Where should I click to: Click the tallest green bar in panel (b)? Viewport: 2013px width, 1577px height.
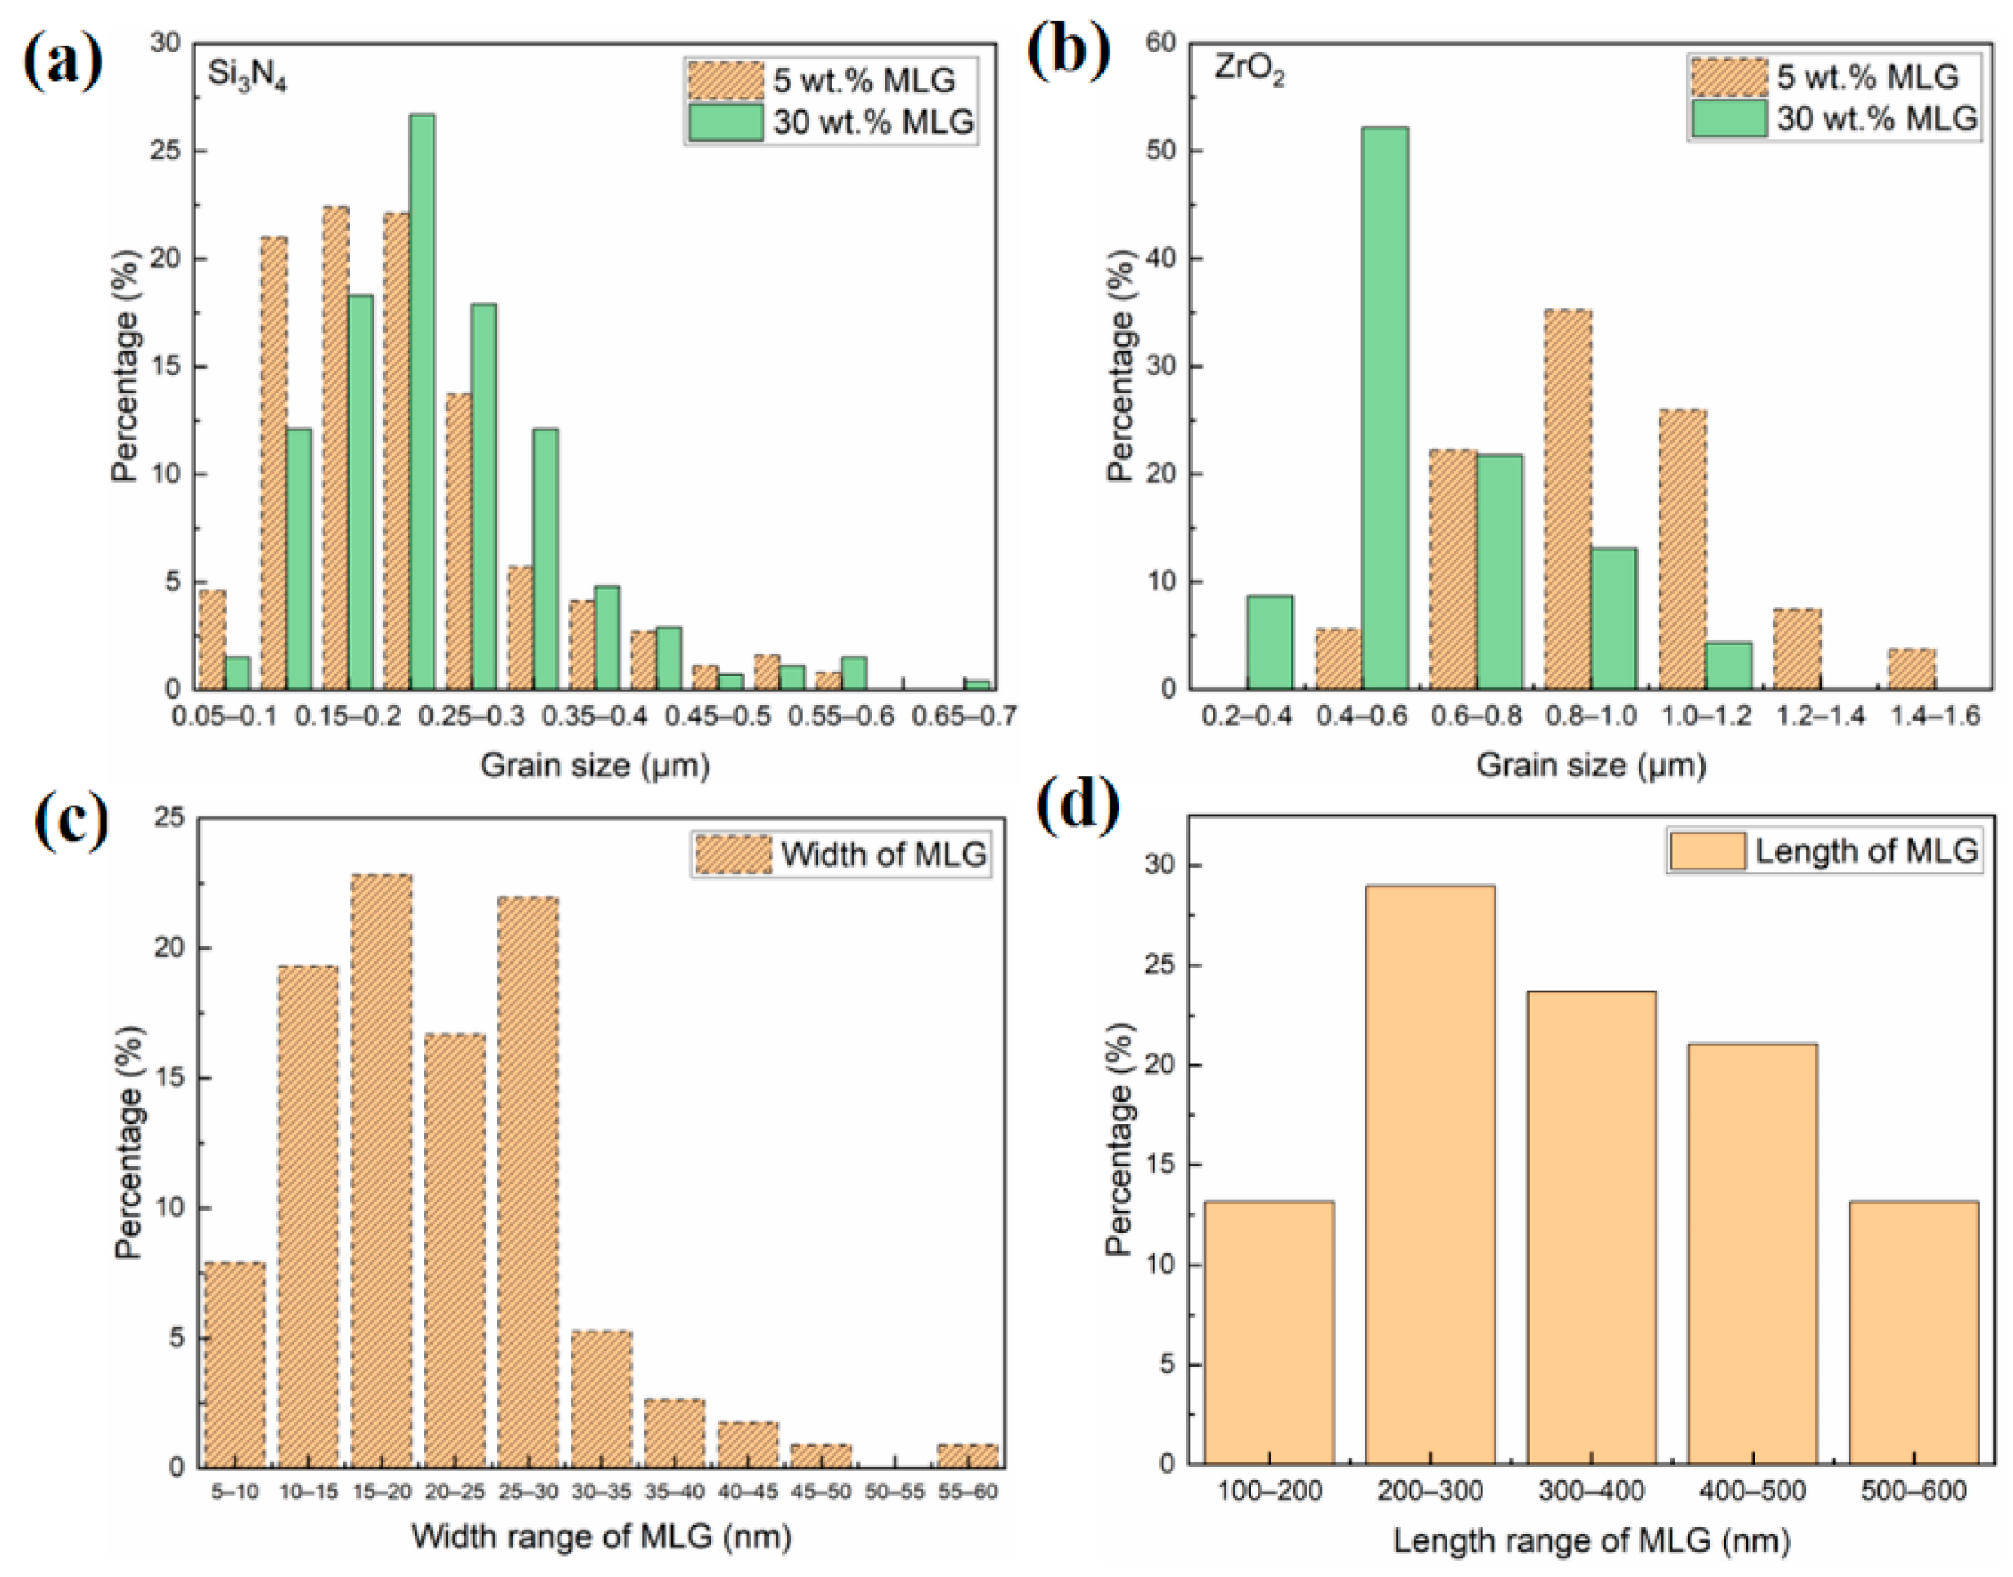(x=1384, y=407)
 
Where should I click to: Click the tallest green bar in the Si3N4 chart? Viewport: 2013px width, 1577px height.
(x=422, y=402)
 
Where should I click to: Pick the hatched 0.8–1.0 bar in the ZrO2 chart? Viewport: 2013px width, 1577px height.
(x=1568, y=499)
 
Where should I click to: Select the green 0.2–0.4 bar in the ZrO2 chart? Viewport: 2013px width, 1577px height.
(x=1269, y=642)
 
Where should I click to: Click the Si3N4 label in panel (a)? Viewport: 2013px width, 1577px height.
(x=246, y=76)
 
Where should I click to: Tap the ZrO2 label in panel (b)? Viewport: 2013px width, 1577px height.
(x=1248, y=72)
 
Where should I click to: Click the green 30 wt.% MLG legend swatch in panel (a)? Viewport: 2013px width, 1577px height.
(x=725, y=122)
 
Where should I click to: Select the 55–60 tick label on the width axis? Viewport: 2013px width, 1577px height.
(x=966, y=1491)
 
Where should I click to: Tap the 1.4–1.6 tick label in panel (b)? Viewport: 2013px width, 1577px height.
(x=1934, y=717)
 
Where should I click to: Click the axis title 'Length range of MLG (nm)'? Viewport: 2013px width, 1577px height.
(x=1591, y=1541)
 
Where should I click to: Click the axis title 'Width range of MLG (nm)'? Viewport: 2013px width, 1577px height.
(x=601, y=1536)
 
